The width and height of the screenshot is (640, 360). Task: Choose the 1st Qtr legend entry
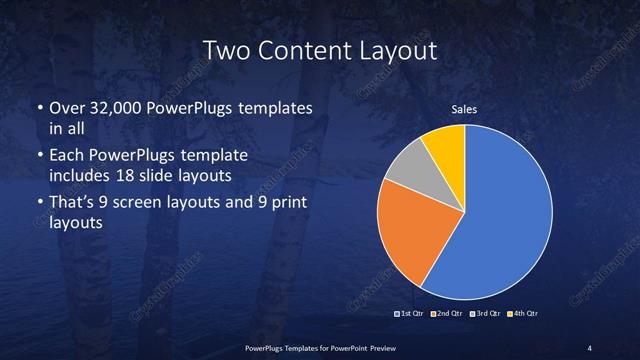click(x=412, y=314)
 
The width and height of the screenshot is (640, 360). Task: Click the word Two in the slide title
click(x=223, y=49)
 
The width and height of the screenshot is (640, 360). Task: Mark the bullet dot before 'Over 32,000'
click(x=38, y=106)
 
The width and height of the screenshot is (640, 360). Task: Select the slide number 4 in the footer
click(x=590, y=347)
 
